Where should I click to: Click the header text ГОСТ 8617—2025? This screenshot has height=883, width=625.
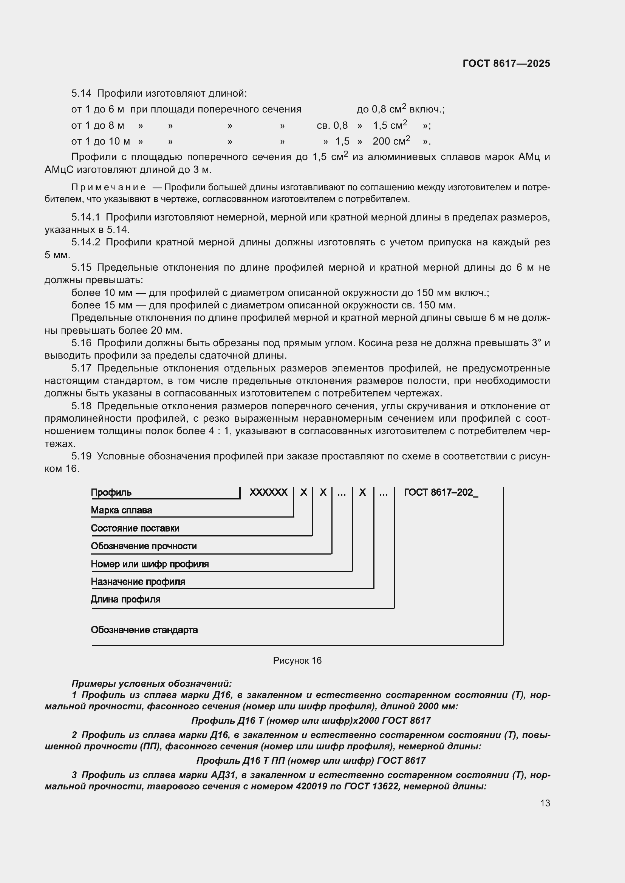[x=506, y=63]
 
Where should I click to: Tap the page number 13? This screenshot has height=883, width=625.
[x=545, y=803]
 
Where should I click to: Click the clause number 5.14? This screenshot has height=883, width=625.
[x=81, y=94]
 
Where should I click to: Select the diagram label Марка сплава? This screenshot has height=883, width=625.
[x=121, y=510]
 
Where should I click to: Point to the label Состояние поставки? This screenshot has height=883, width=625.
[x=135, y=529]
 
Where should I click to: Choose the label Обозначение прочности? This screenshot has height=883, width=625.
[x=144, y=546]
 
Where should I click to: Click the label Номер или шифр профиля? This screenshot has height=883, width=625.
[x=150, y=564]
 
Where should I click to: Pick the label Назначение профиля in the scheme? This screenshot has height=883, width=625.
[x=138, y=582]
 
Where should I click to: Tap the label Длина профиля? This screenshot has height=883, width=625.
[x=125, y=599]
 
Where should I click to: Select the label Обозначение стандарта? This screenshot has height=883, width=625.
[x=144, y=630]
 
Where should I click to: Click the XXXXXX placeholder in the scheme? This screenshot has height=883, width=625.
[x=268, y=493]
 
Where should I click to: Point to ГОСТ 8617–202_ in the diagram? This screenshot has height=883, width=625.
[x=441, y=493]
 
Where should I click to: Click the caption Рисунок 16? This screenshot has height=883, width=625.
[x=297, y=661]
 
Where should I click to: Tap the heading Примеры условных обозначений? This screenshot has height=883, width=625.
[x=152, y=684]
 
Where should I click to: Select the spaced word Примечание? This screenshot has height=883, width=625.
[x=108, y=188]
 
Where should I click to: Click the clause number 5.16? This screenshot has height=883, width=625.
[x=81, y=343]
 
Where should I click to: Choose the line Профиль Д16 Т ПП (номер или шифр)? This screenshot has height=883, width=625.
[x=311, y=761]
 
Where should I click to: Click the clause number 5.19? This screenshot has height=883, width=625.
[x=81, y=456]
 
